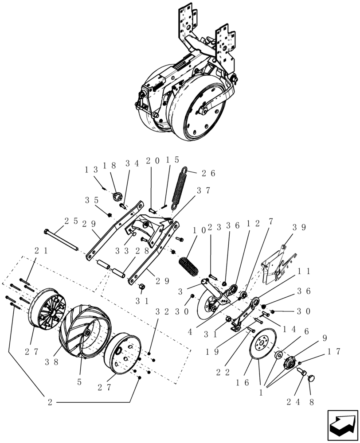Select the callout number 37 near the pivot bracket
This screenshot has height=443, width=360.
point(203,190)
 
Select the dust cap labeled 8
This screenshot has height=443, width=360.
point(310,378)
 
